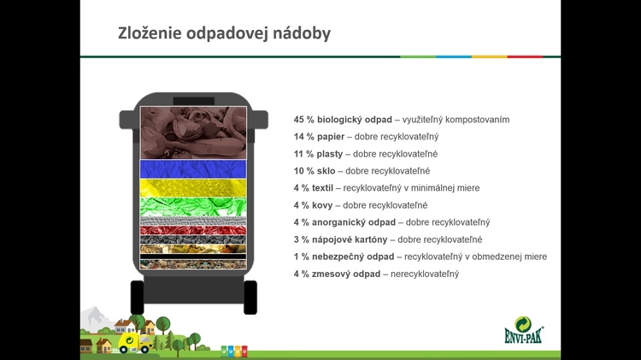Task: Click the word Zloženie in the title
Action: [150, 33]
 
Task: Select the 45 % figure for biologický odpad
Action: [303, 120]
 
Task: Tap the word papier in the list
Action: [331, 137]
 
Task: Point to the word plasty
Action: [330, 154]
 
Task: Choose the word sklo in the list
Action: [326, 171]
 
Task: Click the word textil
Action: [322, 188]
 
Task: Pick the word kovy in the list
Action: [322, 205]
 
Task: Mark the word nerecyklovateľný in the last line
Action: [425, 274]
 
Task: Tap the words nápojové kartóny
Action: [350, 239]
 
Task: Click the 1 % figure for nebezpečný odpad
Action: [302, 257]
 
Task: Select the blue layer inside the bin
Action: [193, 169]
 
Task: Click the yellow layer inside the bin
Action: [193, 188]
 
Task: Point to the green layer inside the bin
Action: [193, 207]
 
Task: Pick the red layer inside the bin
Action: [193, 230]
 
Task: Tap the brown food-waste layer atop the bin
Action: [193, 133]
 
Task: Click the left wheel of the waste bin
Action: [137, 298]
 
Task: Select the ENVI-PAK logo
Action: [524, 330]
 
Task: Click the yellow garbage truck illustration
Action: [134, 343]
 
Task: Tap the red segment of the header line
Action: [526, 56]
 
